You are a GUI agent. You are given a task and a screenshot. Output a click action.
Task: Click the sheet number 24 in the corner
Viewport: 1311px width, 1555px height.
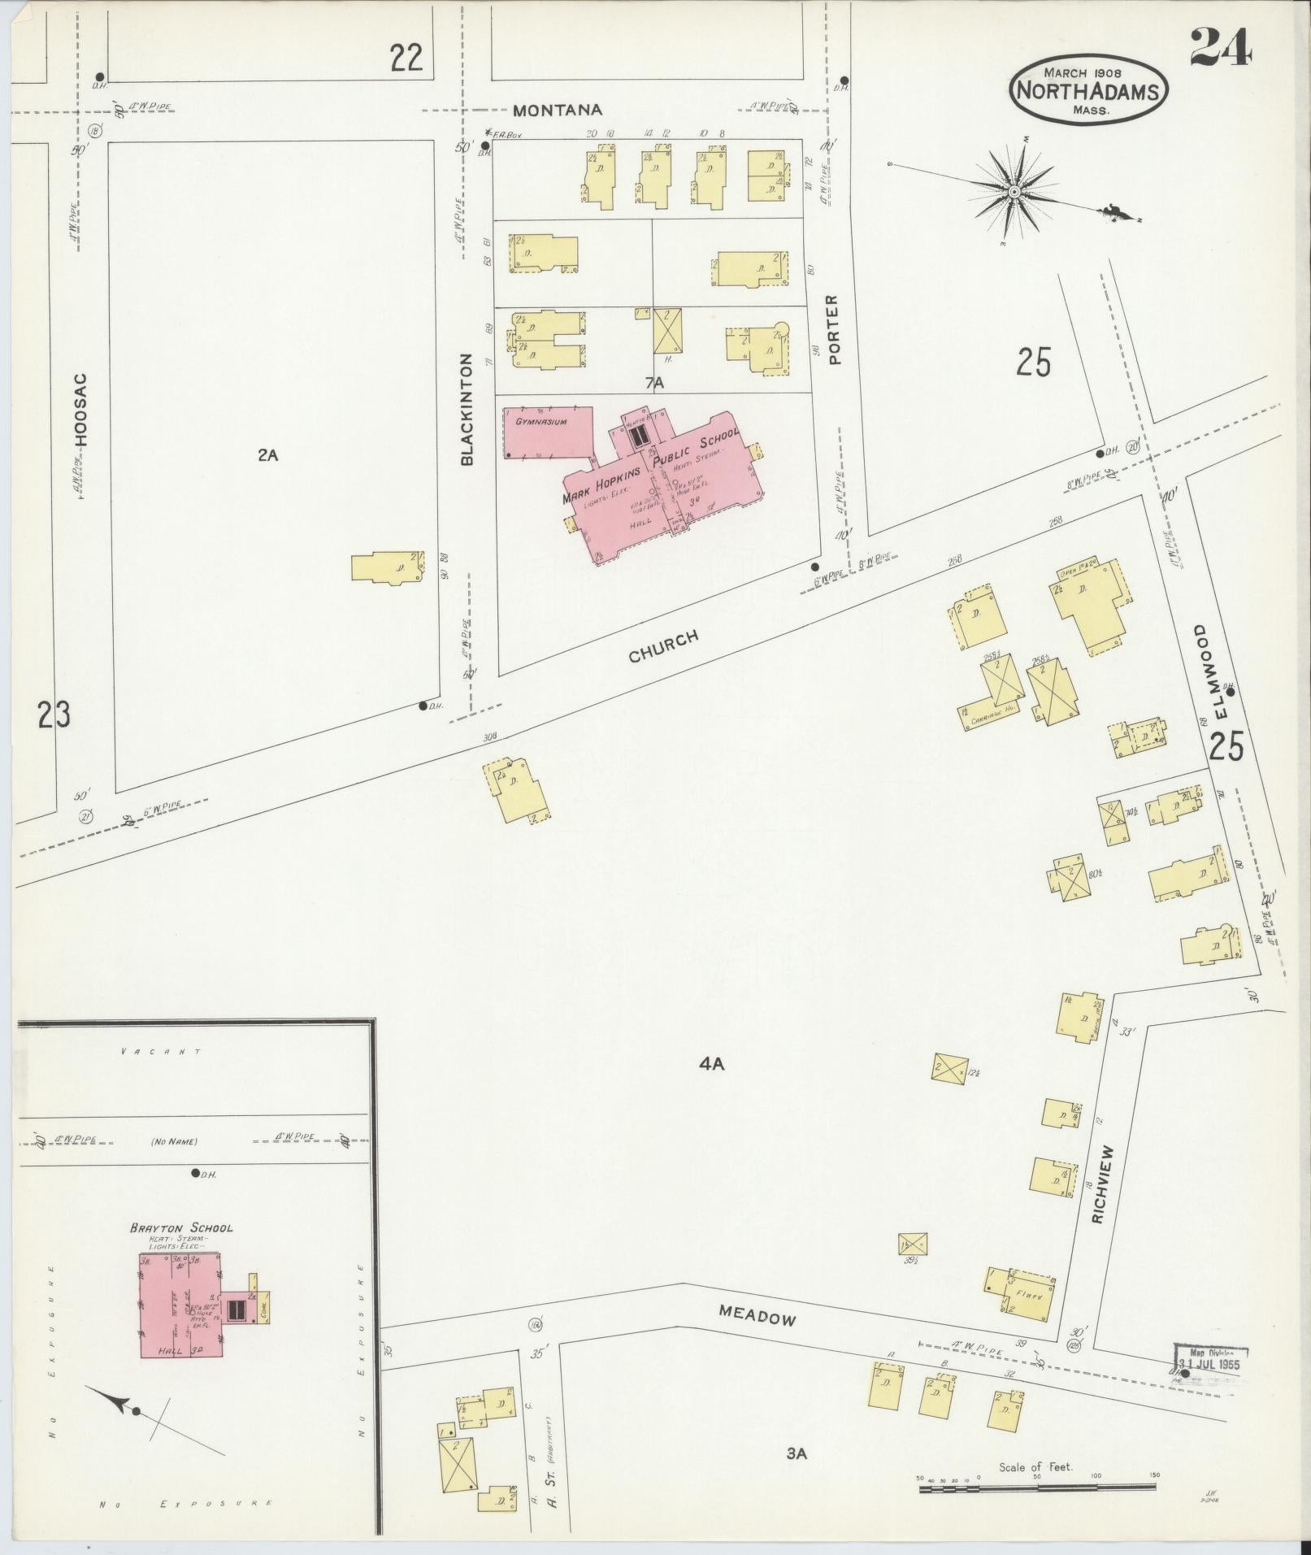pos(1222,46)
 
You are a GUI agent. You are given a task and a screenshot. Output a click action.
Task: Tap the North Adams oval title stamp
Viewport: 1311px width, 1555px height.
pos(1090,90)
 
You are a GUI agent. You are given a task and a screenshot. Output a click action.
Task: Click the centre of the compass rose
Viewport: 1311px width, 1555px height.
pos(1014,192)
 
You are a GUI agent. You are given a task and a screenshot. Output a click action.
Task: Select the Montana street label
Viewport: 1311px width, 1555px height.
pos(558,110)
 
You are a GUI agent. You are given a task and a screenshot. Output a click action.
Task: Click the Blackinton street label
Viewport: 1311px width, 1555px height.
pos(467,410)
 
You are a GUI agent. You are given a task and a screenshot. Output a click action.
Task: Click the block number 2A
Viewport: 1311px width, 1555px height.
pos(267,455)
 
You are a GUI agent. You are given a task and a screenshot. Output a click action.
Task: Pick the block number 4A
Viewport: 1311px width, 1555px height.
pos(711,1062)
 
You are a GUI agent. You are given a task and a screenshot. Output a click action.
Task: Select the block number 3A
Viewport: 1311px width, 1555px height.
pos(797,1453)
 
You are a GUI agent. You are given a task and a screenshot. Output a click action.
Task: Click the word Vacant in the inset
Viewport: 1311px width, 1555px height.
pos(160,1051)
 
